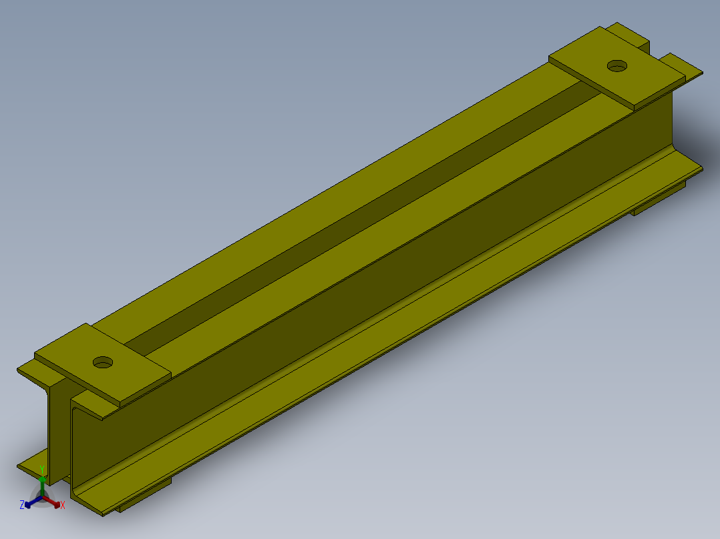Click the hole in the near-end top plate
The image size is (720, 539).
pos(103,362)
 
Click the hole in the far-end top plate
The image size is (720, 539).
pos(617,66)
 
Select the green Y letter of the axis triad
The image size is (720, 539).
pos(42,469)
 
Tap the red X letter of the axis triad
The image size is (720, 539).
pos(63,505)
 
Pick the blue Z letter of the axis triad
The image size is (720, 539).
pos(22,505)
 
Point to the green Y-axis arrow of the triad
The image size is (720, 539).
pos(42,486)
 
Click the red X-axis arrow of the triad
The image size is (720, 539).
pos(51,502)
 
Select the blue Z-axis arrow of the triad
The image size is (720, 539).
pos(33,502)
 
